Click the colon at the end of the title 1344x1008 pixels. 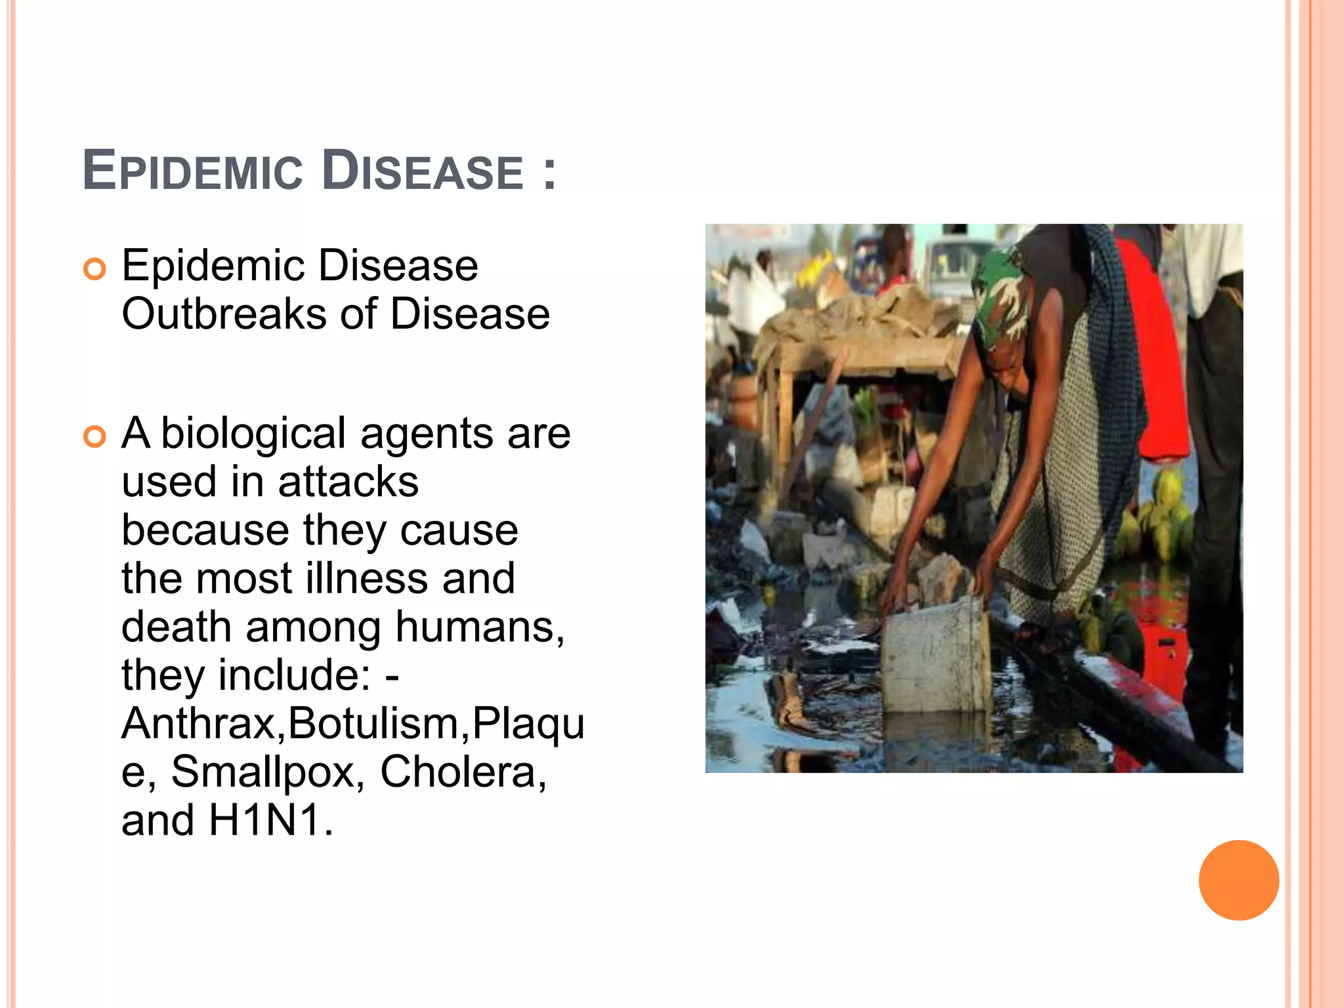(x=549, y=172)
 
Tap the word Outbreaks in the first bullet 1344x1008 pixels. (x=224, y=314)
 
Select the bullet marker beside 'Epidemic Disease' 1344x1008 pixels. (x=95, y=269)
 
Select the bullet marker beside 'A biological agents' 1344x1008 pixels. (x=95, y=437)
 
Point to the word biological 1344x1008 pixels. (x=253, y=434)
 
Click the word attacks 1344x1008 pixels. (x=348, y=482)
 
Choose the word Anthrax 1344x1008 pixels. (x=199, y=724)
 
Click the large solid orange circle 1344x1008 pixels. (x=1238, y=880)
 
